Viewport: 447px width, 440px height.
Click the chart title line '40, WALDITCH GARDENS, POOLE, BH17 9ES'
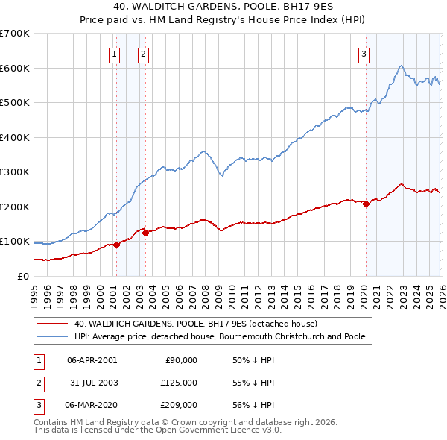[223, 8]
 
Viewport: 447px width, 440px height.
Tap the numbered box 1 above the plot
[115, 53]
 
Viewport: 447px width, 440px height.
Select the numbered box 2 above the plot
[142, 53]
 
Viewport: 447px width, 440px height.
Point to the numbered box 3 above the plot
[364, 53]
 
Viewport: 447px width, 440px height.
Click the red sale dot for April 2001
[116, 245]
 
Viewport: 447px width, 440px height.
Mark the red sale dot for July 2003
[146, 233]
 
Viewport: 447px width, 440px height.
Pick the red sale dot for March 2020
[366, 204]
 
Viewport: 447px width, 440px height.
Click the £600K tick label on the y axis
[15, 68]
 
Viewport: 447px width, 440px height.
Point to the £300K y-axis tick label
[15, 172]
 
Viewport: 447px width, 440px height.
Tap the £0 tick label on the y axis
[22, 277]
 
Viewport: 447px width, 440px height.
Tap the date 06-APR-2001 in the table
[92, 360]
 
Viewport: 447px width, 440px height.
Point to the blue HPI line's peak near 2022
[401, 66]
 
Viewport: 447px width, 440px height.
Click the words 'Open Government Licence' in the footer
[212, 430]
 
